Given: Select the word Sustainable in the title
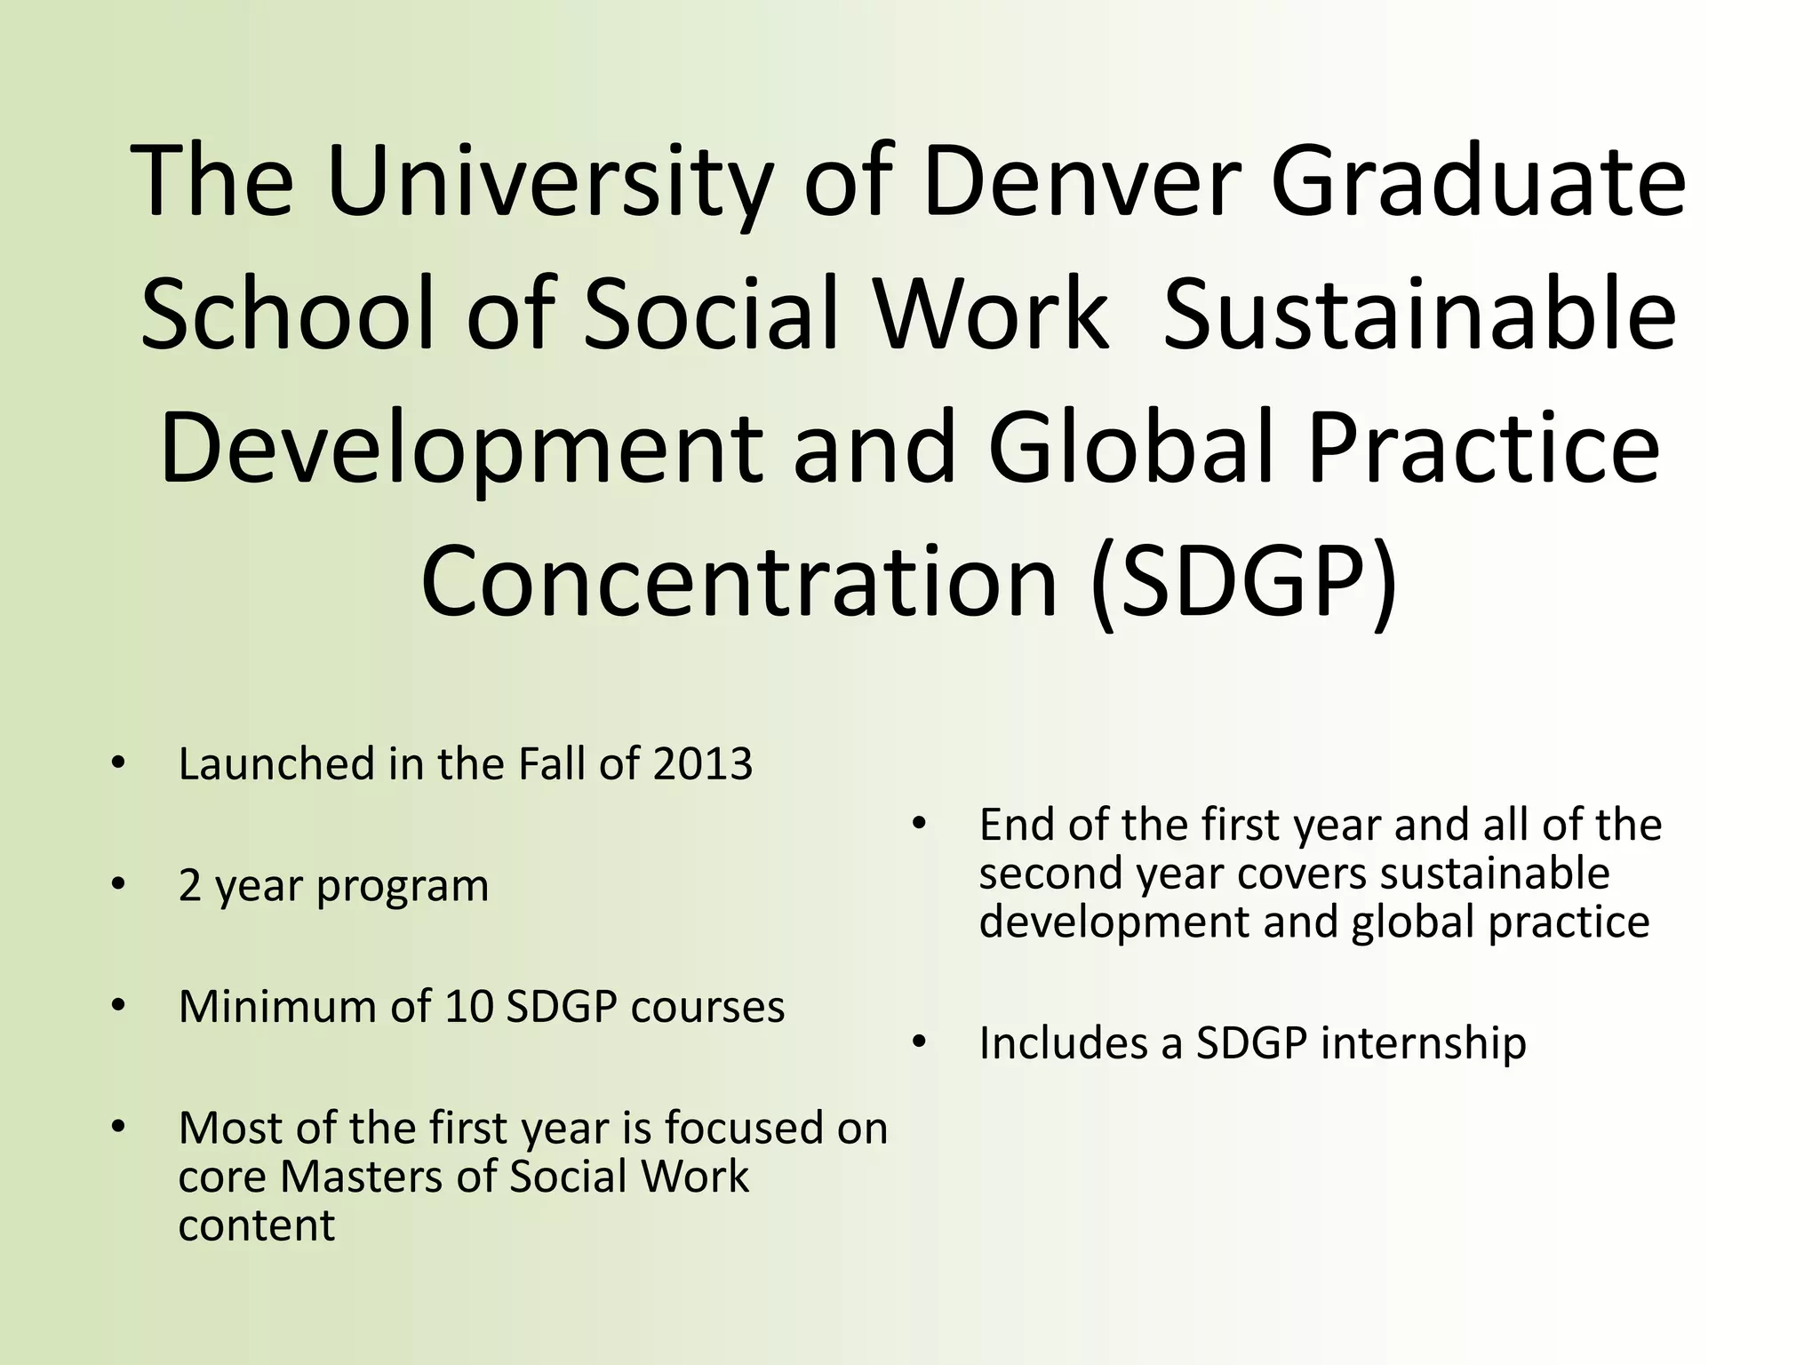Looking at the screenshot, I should coord(1419,316).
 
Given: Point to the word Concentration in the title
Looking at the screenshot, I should coord(738,583).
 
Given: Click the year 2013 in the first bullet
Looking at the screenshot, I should coord(702,764).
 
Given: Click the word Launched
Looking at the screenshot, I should coord(276,764).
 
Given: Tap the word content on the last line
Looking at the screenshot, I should coord(256,1226).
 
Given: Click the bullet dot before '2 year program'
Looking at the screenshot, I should coord(119,885).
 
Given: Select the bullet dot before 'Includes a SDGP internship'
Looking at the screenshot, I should coord(919,1042).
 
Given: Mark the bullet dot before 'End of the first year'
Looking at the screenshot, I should coord(919,824).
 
